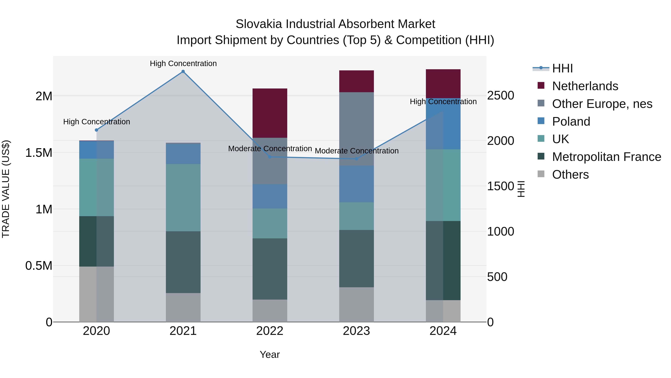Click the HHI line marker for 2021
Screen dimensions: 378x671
(x=183, y=71)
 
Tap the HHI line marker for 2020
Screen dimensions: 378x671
(x=96, y=130)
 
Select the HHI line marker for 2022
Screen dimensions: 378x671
(x=270, y=157)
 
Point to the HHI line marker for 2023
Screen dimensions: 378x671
(x=357, y=159)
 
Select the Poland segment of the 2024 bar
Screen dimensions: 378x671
(x=443, y=124)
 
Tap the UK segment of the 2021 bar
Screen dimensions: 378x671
(x=183, y=197)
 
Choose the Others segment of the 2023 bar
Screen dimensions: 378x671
(x=357, y=304)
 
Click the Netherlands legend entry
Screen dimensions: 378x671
(x=585, y=86)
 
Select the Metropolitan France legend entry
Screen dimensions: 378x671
(x=606, y=157)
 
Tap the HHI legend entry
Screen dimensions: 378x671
(x=562, y=68)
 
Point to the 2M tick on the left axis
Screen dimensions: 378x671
(x=44, y=96)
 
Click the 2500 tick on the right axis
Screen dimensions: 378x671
(x=500, y=95)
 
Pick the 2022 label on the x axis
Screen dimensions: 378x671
(x=270, y=331)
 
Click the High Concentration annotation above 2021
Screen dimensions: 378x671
(x=183, y=63)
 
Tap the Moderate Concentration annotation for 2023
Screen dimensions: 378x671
(x=357, y=151)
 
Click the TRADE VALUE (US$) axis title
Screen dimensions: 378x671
(x=6, y=189)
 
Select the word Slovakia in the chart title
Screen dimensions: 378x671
(x=259, y=24)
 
